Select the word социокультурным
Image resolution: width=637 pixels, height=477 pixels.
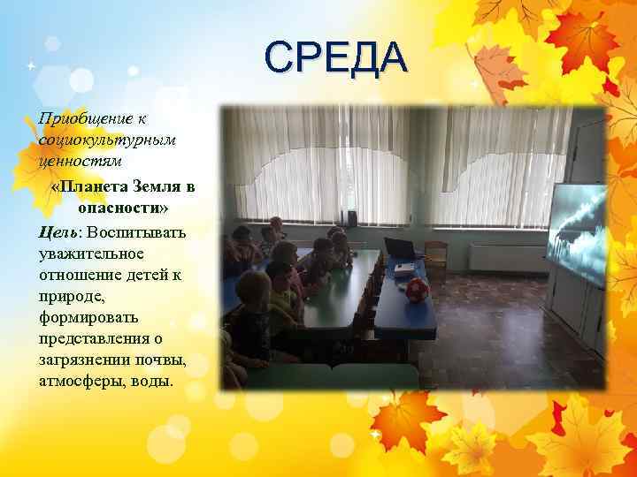[x=95, y=140]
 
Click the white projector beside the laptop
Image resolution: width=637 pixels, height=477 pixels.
[x=403, y=267]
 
